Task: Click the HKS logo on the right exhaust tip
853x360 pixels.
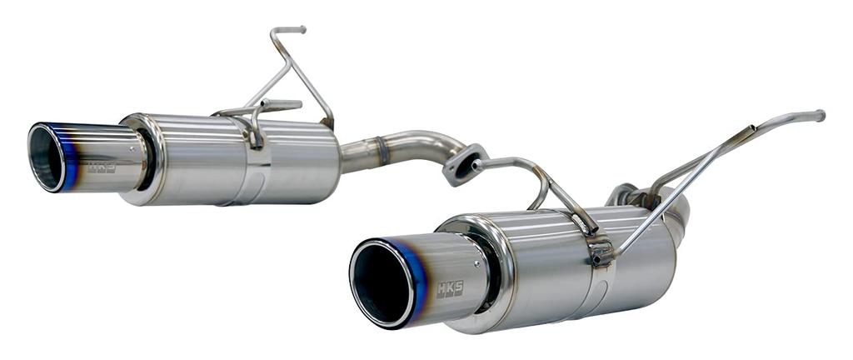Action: point(450,288)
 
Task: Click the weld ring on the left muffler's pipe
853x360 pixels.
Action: point(382,150)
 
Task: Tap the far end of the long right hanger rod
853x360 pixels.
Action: point(820,115)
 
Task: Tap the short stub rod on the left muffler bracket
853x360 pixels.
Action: point(279,105)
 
